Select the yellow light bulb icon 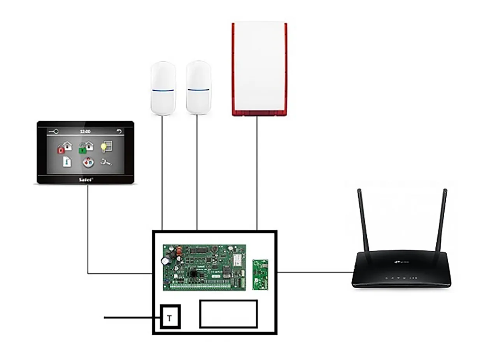click(106, 147)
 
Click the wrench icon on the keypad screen click(106, 162)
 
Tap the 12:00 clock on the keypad click(85, 131)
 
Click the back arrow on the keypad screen click(119, 131)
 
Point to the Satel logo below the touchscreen click(86, 179)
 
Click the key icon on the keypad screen click(54, 131)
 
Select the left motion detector click(163, 88)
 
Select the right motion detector click(198, 87)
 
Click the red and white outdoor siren click(260, 69)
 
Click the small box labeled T click(170, 317)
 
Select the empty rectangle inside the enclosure click(228, 313)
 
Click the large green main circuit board click(204, 267)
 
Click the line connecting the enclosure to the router click(315, 272)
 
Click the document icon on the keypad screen click(67, 162)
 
